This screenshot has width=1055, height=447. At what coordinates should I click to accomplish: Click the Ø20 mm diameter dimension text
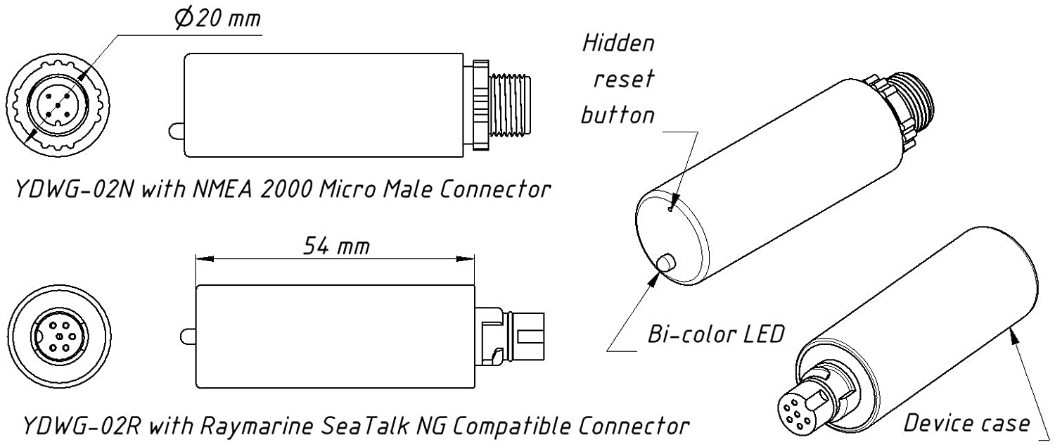(x=217, y=19)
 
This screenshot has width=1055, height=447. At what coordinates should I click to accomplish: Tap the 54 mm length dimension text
(x=336, y=246)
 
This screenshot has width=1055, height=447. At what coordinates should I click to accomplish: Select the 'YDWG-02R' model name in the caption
(x=82, y=427)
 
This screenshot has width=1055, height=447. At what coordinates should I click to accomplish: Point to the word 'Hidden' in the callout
(x=618, y=44)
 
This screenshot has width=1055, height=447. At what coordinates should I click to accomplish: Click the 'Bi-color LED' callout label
(x=716, y=334)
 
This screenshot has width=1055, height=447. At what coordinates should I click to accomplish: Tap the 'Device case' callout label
(x=966, y=423)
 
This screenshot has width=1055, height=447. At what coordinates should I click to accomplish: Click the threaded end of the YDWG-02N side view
(x=511, y=105)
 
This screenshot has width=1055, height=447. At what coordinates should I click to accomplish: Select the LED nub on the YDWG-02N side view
(x=176, y=130)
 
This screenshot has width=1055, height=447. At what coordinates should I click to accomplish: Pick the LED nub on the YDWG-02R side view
(x=188, y=336)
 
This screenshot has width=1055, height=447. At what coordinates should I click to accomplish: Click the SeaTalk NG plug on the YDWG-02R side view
(x=510, y=336)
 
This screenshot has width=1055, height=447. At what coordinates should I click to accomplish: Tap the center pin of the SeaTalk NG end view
(x=59, y=336)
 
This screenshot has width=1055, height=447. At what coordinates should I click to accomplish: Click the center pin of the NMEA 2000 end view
(x=57, y=105)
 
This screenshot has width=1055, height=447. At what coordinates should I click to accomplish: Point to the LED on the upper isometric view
(x=666, y=263)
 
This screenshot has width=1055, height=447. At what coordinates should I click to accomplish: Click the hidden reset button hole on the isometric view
(x=671, y=209)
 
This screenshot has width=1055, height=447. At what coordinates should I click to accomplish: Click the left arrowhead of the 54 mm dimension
(x=205, y=258)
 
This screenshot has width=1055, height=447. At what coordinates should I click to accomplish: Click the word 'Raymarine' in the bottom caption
(x=257, y=427)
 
